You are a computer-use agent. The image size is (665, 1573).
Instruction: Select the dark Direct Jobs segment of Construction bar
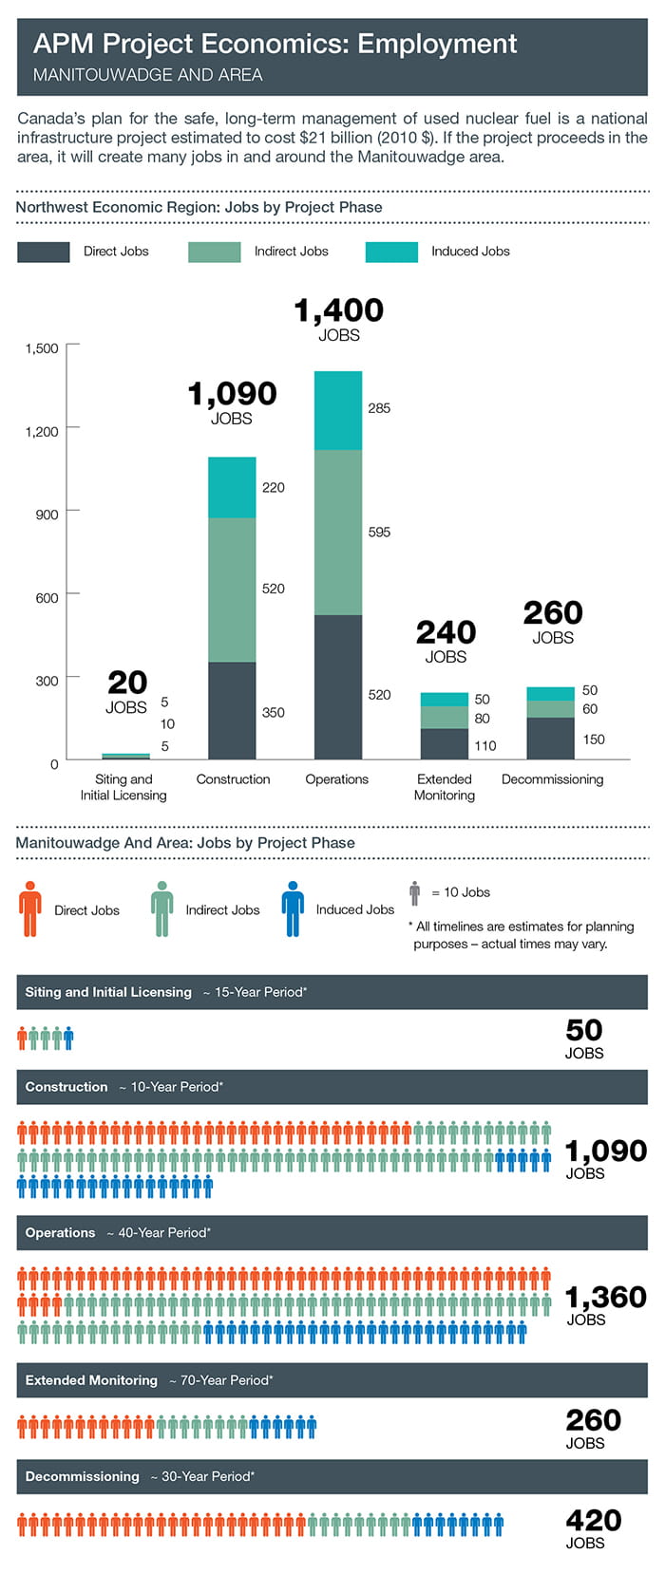pyautogui.click(x=232, y=710)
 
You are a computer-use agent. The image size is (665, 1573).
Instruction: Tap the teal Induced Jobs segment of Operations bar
pyautogui.click(x=338, y=410)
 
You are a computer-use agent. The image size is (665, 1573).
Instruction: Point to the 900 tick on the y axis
pyautogui.click(x=47, y=515)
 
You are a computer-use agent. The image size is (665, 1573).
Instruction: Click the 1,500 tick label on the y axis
pyautogui.click(x=42, y=348)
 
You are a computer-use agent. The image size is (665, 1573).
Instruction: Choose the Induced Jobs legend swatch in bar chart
pyautogui.click(x=391, y=252)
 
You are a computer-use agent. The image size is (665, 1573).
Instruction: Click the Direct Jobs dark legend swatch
pyautogui.click(x=43, y=252)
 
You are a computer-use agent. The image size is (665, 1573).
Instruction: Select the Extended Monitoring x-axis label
pyautogui.click(x=445, y=787)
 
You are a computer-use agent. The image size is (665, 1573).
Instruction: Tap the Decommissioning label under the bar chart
pyautogui.click(x=552, y=779)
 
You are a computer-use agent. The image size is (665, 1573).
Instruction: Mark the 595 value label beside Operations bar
pyautogui.click(x=379, y=533)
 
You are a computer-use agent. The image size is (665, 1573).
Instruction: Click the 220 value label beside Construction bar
pyautogui.click(x=273, y=488)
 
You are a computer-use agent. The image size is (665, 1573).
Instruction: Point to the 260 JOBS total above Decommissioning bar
pyautogui.click(x=553, y=621)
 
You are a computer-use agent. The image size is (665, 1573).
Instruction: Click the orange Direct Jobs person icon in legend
pyautogui.click(x=30, y=908)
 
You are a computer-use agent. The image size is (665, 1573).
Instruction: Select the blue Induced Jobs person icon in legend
pyautogui.click(x=293, y=908)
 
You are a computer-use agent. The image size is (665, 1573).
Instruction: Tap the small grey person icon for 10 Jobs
pyautogui.click(x=414, y=892)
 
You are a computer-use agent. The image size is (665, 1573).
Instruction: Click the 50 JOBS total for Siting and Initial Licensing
pyautogui.click(x=584, y=1038)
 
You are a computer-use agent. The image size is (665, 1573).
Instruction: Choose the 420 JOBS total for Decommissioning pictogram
pyautogui.click(x=593, y=1527)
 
